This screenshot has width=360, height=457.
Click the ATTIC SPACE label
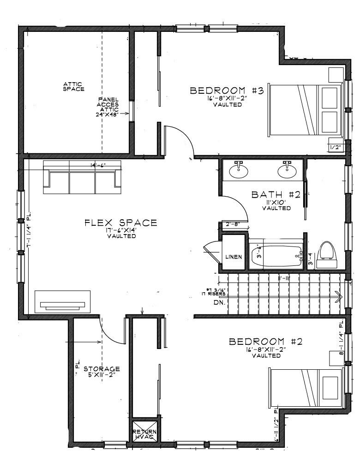[74, 86]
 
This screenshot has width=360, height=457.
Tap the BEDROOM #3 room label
[227, 90]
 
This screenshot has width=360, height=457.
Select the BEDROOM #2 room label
[266, 342]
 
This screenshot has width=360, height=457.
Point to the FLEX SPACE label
[121, 223]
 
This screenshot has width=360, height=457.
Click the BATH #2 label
[276, 195]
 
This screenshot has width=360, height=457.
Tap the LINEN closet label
[234, 257]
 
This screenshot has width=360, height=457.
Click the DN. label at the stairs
[219, 303]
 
